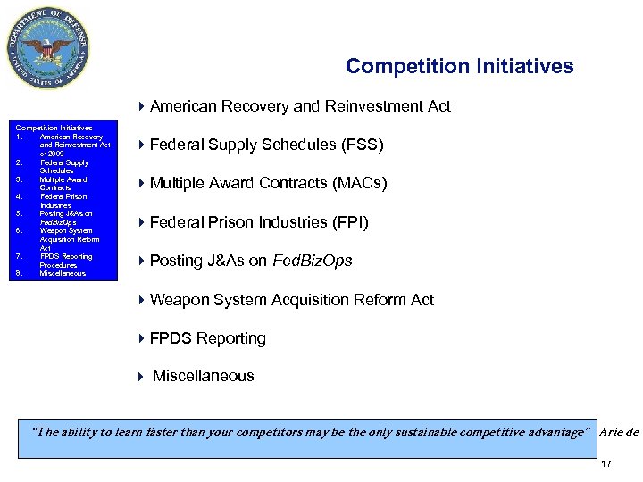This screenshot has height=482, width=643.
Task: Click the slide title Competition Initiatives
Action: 459,67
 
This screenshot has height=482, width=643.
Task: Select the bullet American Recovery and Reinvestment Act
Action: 300,107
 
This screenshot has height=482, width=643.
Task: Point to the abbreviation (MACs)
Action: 358,184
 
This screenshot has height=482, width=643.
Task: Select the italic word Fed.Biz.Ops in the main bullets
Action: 313,261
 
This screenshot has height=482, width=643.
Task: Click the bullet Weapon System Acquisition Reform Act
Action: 291,300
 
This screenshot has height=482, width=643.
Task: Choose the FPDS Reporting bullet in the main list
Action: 207,338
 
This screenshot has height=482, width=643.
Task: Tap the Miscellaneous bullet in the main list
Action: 203,377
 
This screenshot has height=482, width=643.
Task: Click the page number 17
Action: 606,464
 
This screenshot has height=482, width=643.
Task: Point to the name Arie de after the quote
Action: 620,432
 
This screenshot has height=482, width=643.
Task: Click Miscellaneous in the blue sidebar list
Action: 64,274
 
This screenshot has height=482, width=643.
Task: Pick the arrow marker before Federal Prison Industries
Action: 142,222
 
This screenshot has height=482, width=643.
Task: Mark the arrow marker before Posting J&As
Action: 142,261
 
